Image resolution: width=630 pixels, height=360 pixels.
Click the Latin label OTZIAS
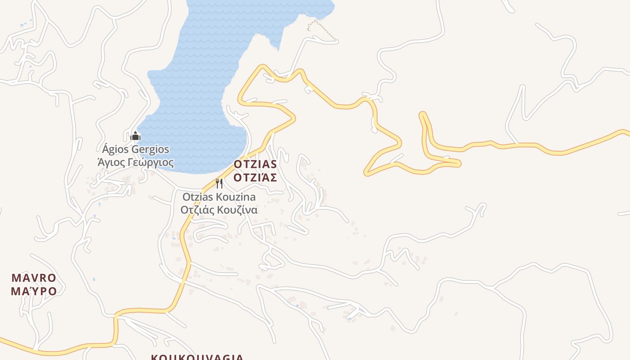click(x=255, y=164)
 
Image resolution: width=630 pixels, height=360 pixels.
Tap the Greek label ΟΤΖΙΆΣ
click(x=255, y=177)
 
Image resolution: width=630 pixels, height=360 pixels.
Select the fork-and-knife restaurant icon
click(x=219, y=184)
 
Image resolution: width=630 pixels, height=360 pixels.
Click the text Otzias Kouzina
click(x=219, y=197)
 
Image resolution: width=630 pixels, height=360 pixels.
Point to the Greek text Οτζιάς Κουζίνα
click(x=219, y=210)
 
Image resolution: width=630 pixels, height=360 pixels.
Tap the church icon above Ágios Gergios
click(x=135, y=136)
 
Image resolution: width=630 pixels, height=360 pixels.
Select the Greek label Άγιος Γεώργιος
click(x=135, y=162)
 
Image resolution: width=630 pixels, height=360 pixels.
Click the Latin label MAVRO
click(x=34, y=278)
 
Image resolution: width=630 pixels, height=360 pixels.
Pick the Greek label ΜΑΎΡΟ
click(x=34, y=291)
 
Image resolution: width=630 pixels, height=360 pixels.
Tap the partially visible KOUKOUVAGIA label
click(x=197, y=357)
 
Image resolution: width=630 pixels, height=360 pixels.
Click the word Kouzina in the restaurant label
click(x=235, y=197)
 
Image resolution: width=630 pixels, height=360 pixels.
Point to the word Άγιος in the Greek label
click(x=111, y=162)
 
